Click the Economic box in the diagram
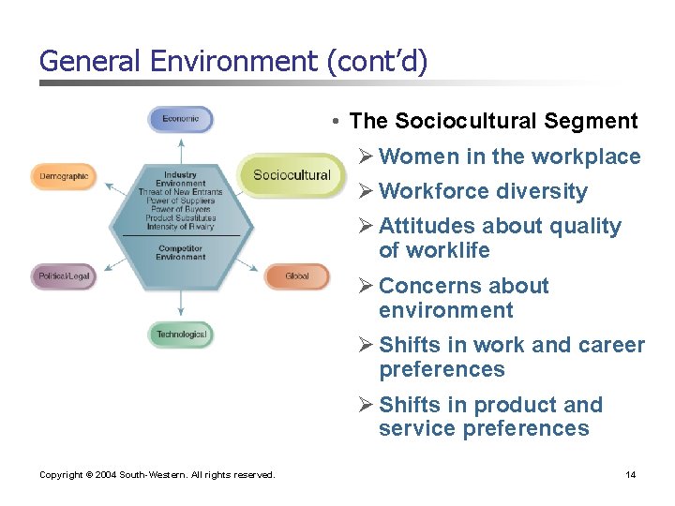tap(180, 119)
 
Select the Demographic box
tap(64, 176)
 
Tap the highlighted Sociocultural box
tap(292, 175)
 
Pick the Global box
tap(297, 276)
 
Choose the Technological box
tap(181, 335)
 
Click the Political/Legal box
tap(64, 276)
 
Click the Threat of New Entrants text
tap(180, 192)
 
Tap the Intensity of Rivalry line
tap(180, 226)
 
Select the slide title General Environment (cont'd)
tap(233, 62)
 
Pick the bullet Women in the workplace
tap(509, 156)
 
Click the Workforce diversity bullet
tap(483, 191)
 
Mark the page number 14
tap(631, 475)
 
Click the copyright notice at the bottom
tap(157, 475)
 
